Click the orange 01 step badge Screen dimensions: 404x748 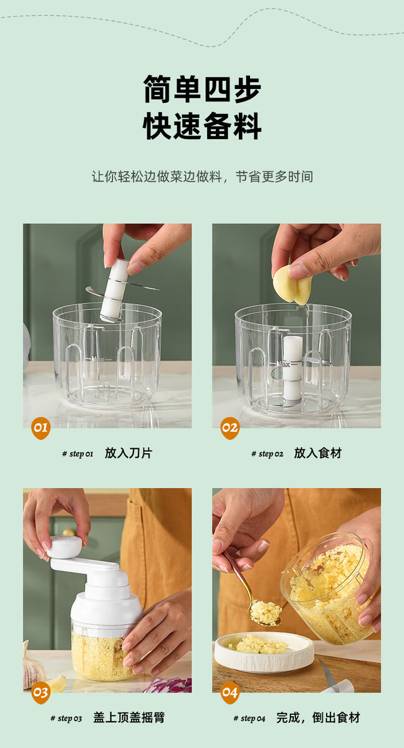[41, 428]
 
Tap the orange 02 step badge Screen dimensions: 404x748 [229, 428]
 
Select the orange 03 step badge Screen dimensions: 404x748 [41, 693]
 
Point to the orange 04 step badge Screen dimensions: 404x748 [229, 693]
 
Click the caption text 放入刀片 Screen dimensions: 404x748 [128, 453]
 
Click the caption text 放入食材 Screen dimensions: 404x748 [317, 453]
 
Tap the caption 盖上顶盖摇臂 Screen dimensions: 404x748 [129, 717]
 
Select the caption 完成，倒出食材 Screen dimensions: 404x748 [318, 717]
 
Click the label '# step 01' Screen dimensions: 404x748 [78, 454]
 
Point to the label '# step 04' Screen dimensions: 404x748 [249, 719]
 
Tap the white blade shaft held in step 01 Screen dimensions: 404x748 [114, 290]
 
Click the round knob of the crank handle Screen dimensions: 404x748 [64, 547]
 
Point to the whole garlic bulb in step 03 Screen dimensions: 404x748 [34, 665]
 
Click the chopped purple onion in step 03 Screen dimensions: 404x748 [168, 684]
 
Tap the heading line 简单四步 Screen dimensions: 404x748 [202, 89]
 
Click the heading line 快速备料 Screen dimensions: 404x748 [202, 125]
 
